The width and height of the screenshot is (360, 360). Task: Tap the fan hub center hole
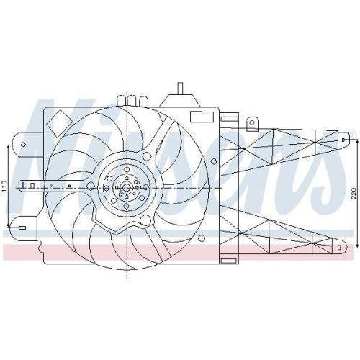[127, 189]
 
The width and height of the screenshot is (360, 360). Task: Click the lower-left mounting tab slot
[22, 228]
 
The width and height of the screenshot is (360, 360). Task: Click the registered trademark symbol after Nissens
[351, 132]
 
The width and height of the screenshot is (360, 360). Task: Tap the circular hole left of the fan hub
[90, 186]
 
